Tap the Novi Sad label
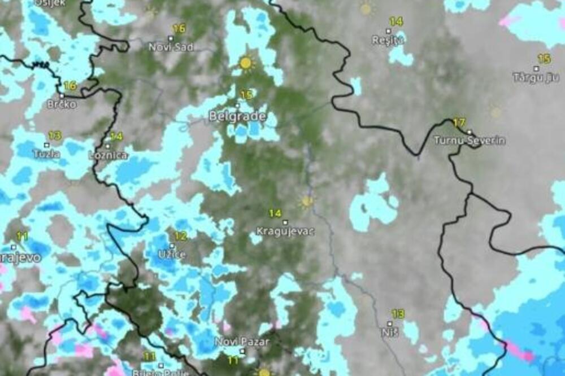(171, 47)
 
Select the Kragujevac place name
(285, 231)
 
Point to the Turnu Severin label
(470, 141)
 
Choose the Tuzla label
(46, 153)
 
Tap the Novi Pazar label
(242, 342)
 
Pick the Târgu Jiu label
(536, 77)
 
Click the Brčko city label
(62, 104)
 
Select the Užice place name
(172, 255)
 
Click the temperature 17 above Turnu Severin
(459, 123)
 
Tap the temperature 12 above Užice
(180, 236)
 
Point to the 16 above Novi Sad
(179, 28)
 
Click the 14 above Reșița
(396, 21)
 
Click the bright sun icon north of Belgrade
(245, 63)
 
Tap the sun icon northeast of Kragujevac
(307, 201)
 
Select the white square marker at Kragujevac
(285, 222)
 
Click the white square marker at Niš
(389, 323)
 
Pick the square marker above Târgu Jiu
(536, 68)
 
